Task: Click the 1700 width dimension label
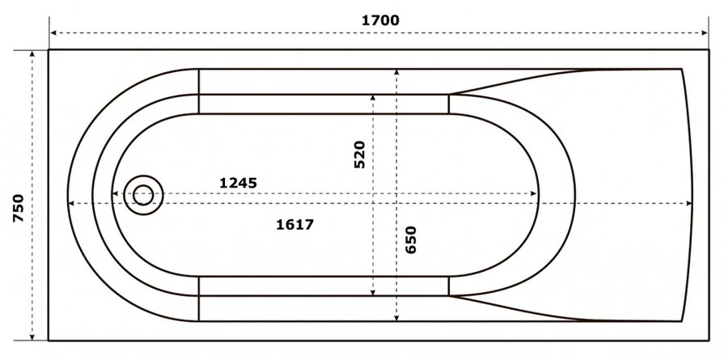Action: pos(380,20)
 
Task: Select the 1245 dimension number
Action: pos(238,183)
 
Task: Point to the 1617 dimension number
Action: pos(294,224)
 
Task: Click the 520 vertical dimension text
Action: pos(360,154)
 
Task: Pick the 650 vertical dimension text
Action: pos(411,241)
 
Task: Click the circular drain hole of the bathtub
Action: pos(144,194)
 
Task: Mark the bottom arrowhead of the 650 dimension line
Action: pos(396,318)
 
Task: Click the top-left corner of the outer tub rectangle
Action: pos(49,50)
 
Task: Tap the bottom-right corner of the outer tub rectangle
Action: pos(709,341)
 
